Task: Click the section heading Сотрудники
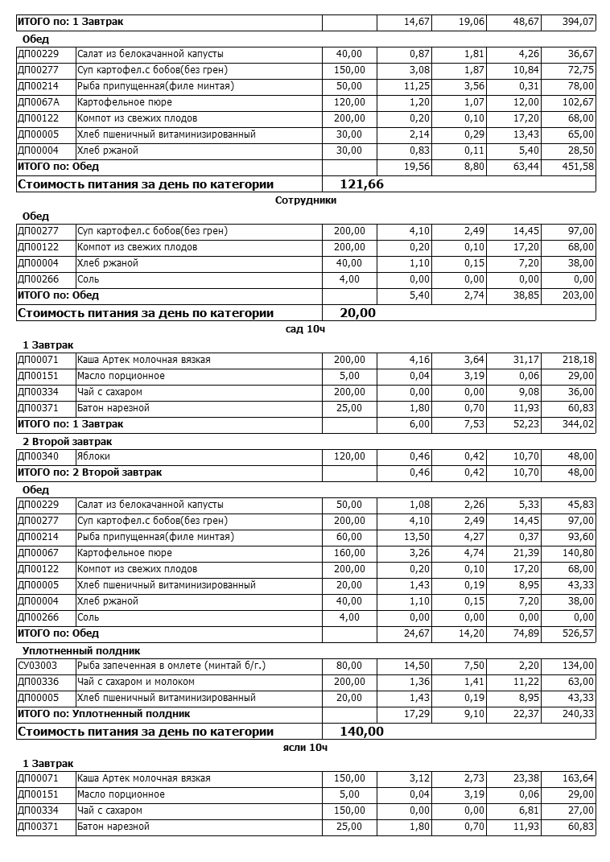[x=305, y=200]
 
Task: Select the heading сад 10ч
[x=305, y=329]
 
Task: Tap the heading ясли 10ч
[x=305, y=748]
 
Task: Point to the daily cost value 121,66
[x=362, y=184]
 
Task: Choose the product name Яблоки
[x=93, y=456]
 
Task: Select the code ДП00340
[x=38, y=456]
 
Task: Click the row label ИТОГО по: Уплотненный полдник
[x=104, y=713]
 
